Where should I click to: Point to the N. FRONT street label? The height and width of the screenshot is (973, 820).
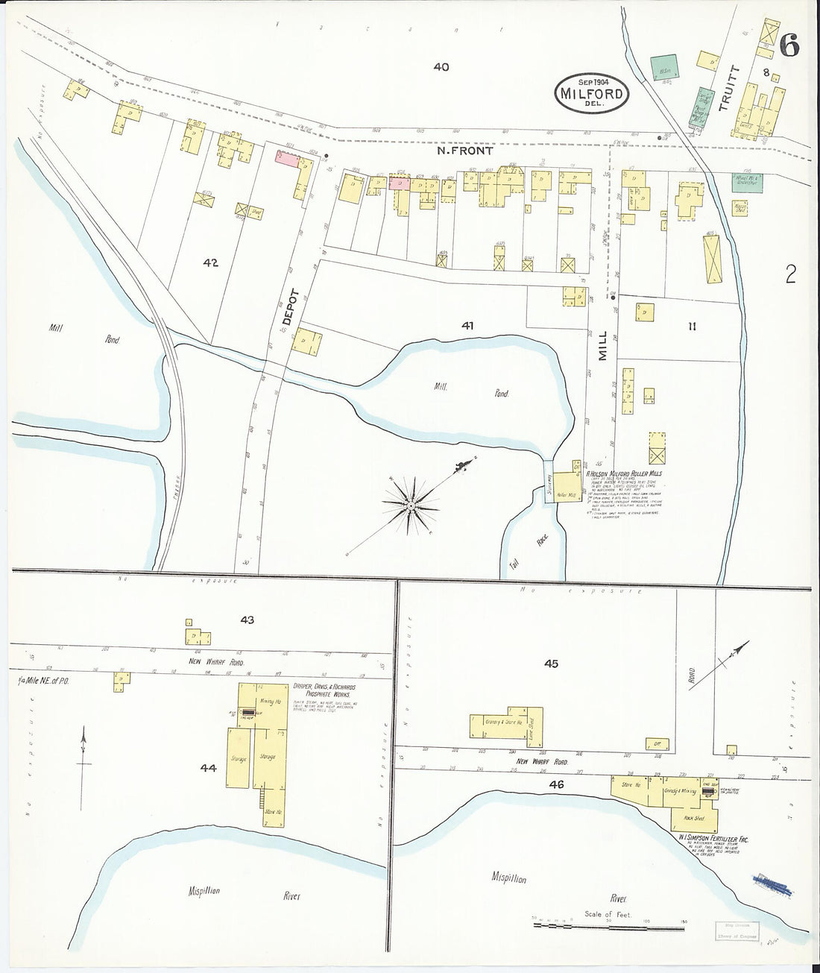[x=465, y=151]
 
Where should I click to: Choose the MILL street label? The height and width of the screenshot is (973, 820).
[x=605, y=347]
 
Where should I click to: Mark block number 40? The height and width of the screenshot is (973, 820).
[x=441, y=67]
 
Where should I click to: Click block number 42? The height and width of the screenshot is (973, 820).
[x=209, y=262]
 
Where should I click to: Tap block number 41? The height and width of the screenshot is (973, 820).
[x=467, y=325]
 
